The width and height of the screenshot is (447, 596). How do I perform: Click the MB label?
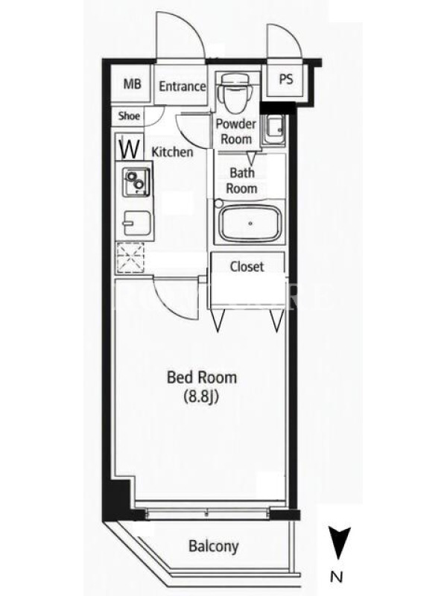(132, 84)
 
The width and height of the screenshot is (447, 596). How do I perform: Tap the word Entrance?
(182, 86)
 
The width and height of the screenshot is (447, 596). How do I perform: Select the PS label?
(286, 79)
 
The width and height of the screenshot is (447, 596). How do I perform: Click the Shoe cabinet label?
(129, 116)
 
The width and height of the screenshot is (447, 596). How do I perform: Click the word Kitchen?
(172, 152)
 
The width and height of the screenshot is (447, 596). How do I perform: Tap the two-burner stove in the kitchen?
(136, 180)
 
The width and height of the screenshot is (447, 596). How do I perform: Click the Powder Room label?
(236, 132)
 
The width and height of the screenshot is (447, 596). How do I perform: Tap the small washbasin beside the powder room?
(274, 130)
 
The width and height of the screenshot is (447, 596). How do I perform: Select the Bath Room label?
(242, 180)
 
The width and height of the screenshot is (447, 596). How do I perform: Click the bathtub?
(250, 223)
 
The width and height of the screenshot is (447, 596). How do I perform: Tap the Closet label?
(247, 267)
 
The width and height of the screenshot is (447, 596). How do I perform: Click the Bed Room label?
(202, 377)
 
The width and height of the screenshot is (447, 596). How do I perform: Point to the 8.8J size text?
(200, 396)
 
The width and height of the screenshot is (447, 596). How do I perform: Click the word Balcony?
(214, 546)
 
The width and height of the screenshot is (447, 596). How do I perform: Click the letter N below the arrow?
(337, 577)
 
